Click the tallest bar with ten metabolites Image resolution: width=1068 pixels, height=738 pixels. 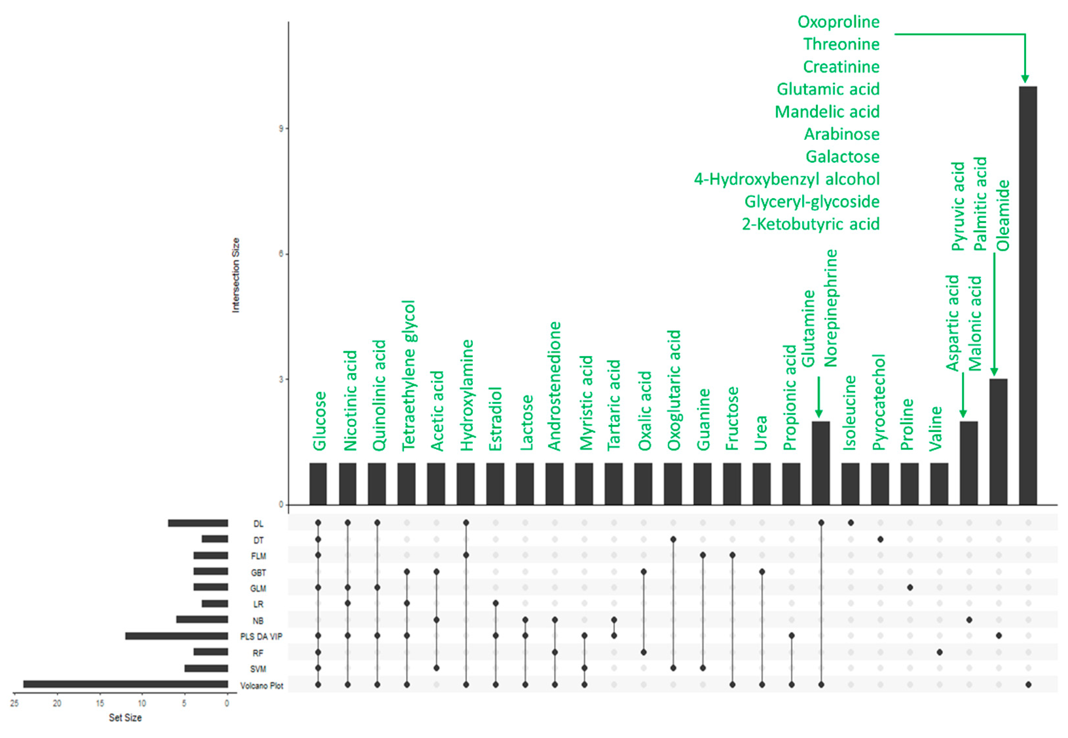[1027, 296]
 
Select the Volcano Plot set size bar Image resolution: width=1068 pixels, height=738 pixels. [125, 684]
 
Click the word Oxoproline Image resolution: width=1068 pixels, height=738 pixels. [838, 22]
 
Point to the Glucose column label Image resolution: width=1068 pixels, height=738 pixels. [319, 421]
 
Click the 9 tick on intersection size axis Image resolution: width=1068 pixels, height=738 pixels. [281, 128]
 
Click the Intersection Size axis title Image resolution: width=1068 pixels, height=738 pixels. [236, 275]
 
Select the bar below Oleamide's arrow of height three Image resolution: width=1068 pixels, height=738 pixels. [998, 442]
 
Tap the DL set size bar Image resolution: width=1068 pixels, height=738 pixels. [198, 523]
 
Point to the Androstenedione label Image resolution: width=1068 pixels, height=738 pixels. [554, 386]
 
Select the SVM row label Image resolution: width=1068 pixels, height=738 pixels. [258, 669]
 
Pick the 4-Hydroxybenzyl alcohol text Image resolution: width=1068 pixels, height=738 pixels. [786, 179]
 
